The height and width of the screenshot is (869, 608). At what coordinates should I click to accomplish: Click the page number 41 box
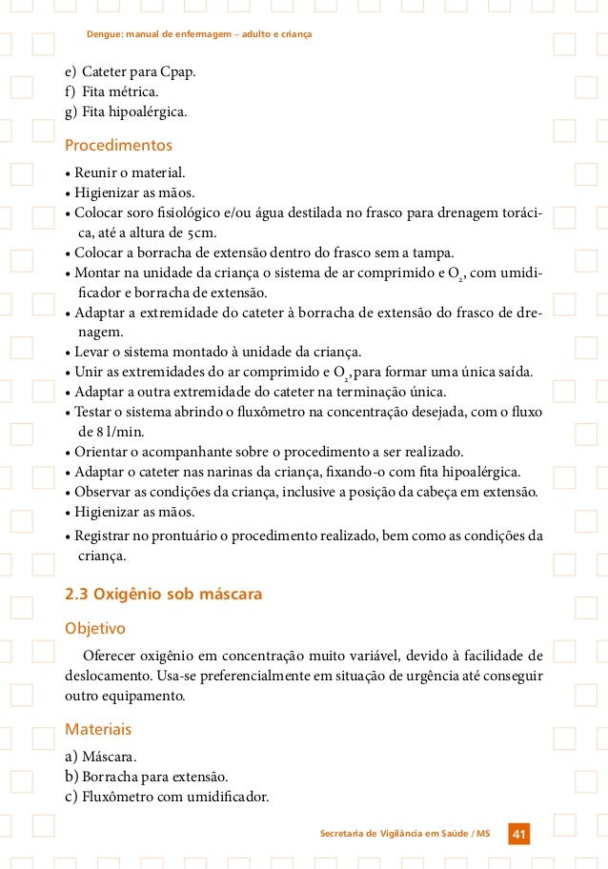[519, 835]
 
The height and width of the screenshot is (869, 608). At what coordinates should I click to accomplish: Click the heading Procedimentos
[118, 146]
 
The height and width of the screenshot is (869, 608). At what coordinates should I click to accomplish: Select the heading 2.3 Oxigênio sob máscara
[162, 595]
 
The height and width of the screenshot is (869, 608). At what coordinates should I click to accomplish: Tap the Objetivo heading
[94, 629]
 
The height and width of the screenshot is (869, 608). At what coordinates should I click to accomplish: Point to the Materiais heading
[97, 729]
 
